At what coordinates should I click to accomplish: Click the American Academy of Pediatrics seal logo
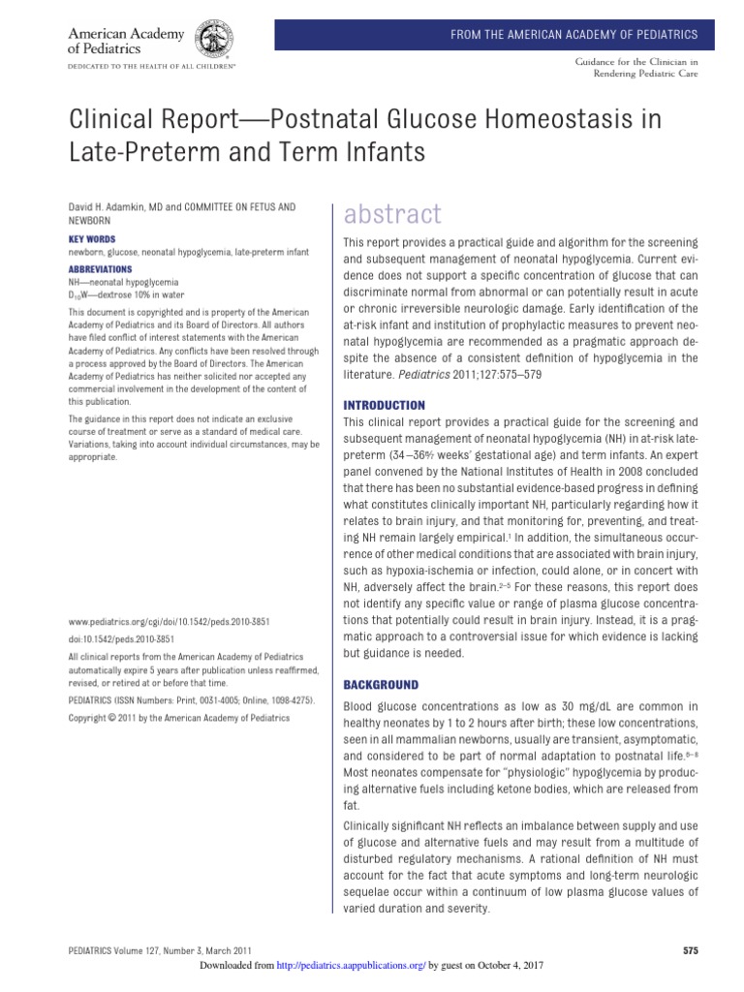(x=214, y=41)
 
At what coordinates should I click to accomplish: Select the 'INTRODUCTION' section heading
(x=385, y=405)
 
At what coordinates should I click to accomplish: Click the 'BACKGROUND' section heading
(x=382, y=684)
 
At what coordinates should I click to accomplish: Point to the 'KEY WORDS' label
(x=92, y=238)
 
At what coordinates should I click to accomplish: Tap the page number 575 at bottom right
(x=690, y=950)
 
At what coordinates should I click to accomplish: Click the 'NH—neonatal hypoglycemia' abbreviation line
(x=124, y=281)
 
